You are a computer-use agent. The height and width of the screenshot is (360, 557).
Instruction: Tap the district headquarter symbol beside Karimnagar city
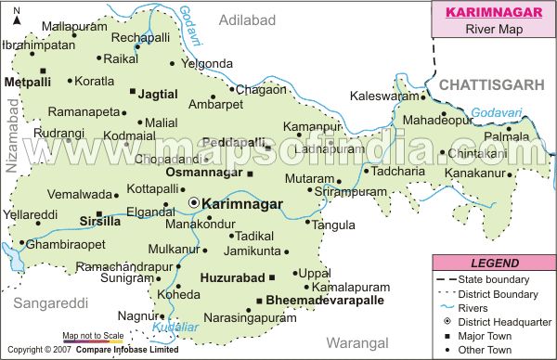(x=193, y=201)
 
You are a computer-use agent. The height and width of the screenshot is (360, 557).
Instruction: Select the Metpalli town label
(x=29, y=82)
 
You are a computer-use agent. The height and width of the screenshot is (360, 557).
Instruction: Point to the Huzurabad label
(x=231, y=276)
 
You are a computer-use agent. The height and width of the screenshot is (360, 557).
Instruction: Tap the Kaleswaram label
(x=384, y=96)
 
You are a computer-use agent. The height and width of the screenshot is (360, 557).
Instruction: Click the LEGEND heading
(x=493, y=264)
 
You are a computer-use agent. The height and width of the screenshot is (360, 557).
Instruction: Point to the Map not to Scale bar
(x=93, y=341)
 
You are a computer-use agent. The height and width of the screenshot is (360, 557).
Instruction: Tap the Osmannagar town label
(x=202, y=173)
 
